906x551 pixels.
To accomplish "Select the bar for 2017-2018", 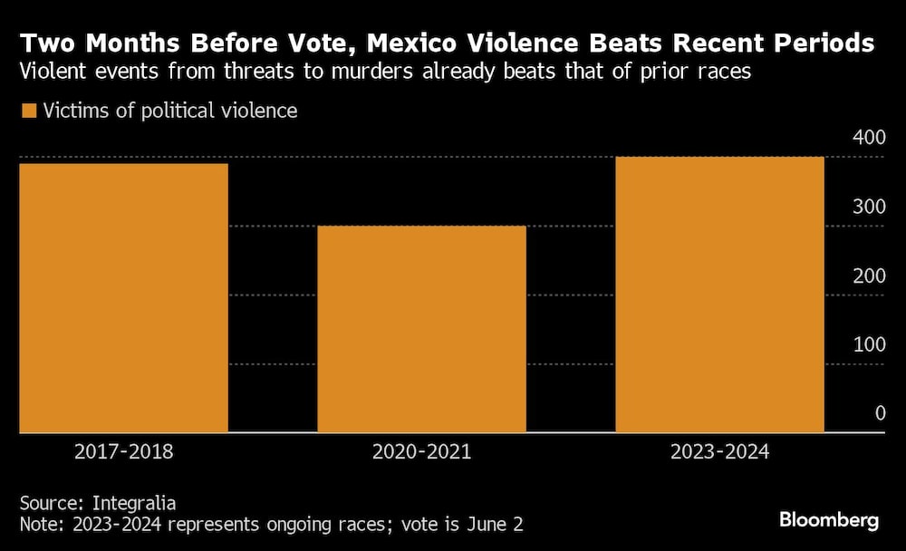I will [123, 298].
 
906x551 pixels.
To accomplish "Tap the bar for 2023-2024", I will [719, 295].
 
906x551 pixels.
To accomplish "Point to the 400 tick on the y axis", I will [867, 138].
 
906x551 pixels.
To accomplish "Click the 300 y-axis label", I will [867, 207].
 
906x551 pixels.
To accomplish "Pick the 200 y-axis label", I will [867, 275].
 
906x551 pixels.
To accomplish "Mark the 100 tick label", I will [867, 344].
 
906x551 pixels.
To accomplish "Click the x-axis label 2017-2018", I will [123, 451].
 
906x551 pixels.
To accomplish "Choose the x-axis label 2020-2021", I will [421, 451].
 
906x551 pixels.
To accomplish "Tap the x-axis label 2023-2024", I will [719, 451].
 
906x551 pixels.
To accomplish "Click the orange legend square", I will [28, 111].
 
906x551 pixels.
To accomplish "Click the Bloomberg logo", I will [829, 520].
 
